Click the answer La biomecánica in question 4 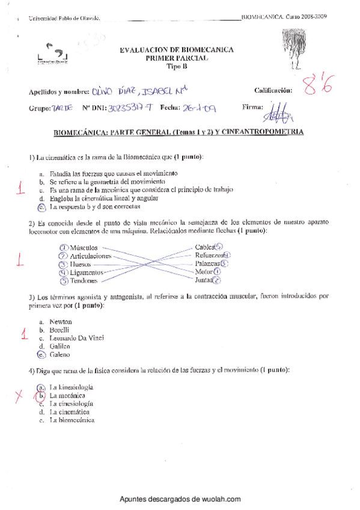pyautogui.click(x=73, y=420)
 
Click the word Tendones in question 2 pyautogui.click(x=84, y=280)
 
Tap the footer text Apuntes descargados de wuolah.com pyautogui.click(x=180, y=499)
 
